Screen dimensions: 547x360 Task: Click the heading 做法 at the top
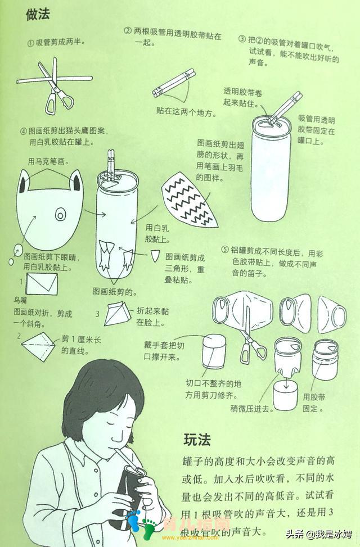(x=38, y=14)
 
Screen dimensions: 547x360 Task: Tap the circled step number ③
(x=242, y=39)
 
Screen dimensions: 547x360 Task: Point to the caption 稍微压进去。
(x=251, y=408)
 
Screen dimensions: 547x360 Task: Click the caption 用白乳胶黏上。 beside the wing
(x=157, y=233)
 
